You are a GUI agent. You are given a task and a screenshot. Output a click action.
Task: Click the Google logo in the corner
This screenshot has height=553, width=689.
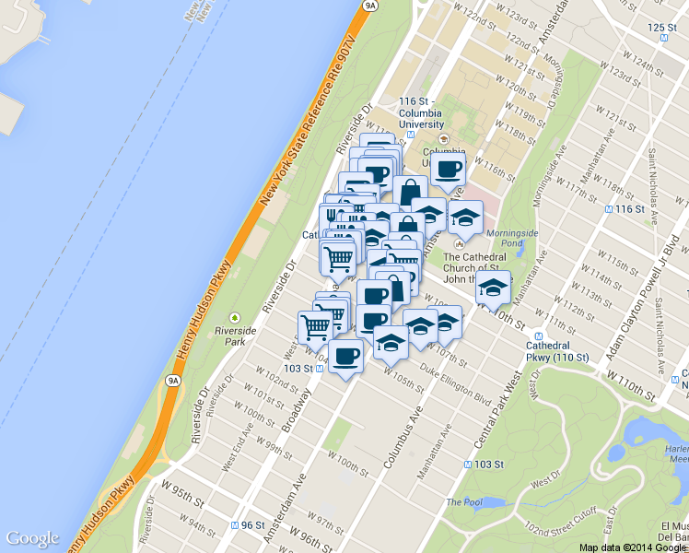(33, 539)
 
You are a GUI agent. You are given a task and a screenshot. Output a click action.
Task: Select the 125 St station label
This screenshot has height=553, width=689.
(661, 28)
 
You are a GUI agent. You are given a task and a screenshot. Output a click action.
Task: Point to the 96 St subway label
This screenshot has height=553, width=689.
(246, 525)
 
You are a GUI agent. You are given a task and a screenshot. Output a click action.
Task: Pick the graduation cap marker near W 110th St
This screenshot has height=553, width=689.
(493, 288)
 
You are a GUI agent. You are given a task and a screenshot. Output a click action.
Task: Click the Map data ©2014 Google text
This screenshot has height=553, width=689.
(633, 547)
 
